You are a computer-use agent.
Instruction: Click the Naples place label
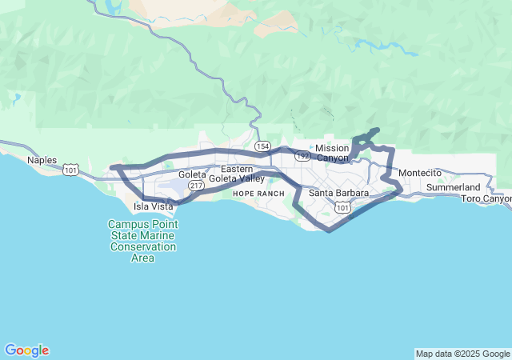point(42,160)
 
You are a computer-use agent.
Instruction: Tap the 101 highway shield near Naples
point(71,170)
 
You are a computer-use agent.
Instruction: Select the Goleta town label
point(192,174)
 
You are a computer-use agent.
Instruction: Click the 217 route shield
point(196,185)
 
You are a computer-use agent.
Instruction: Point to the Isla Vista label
point(153,206)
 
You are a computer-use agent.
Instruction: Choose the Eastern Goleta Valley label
point(237,174)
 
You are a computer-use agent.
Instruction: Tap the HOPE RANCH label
point(258,194)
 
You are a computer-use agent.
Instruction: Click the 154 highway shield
point(262,146)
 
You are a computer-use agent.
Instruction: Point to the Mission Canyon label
point(332,152)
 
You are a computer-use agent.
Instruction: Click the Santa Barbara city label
point(338,193)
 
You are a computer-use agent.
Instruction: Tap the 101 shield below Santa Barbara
point(342,208)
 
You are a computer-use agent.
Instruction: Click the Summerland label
point(453,187)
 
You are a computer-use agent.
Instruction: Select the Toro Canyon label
point(486,198)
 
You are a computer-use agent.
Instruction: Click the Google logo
point(26,350)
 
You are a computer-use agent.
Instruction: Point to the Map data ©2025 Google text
point(462,354)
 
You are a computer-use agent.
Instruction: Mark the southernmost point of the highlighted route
point(329,231)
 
